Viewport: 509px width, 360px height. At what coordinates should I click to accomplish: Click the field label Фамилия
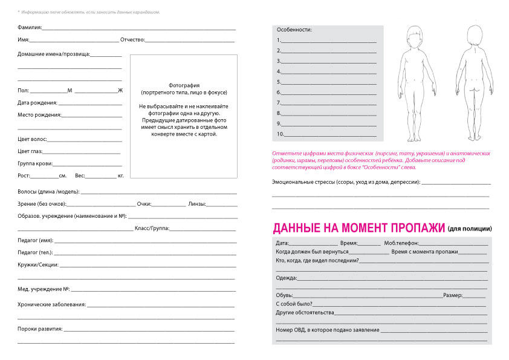[29, 27]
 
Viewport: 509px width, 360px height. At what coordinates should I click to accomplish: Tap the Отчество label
[132, 40]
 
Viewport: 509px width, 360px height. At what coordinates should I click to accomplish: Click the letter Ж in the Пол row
[120, 91]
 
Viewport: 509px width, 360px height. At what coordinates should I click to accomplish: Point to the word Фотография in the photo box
[184, 85]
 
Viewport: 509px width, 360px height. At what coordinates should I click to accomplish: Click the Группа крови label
[35, 163]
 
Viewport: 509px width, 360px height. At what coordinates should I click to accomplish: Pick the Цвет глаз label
[30, 151]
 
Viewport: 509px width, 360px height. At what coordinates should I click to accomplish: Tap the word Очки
[144, 204]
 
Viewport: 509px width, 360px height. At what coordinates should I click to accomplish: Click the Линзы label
[197, 204]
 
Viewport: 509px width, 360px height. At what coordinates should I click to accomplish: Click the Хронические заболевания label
[51, 304]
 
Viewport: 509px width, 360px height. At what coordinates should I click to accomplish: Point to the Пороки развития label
[40, 329]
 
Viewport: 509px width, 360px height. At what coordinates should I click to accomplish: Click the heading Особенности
[294, 30]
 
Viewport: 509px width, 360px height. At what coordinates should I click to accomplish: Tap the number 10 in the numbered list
[280, 134]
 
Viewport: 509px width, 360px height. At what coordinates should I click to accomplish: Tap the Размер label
[453, 295]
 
